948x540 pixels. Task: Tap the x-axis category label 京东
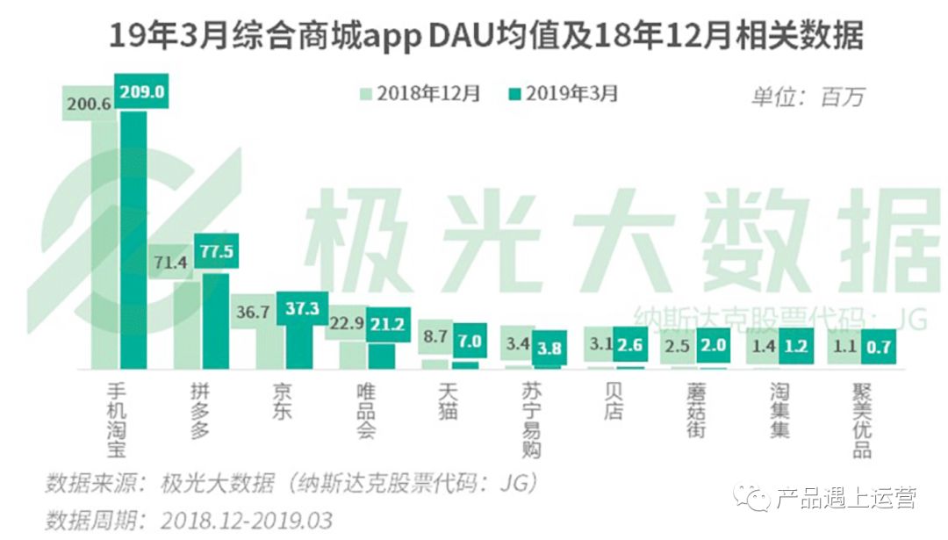(280, 400)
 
